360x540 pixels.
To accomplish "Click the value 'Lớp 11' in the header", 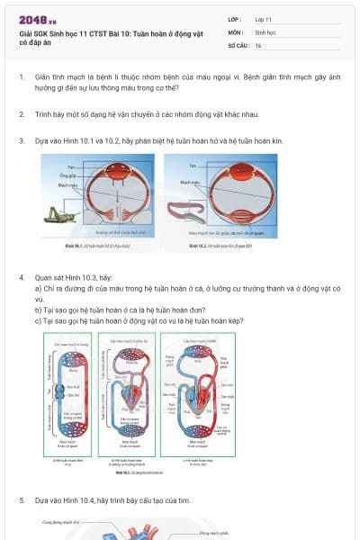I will click(x=264, y=18).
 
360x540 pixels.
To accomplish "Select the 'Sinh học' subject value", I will click(x=265, y=31).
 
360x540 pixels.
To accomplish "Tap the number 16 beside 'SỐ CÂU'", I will click(x=258, y=45).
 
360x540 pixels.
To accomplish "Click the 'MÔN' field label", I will click(x=236, y=31).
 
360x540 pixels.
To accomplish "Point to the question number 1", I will click(x=22, y=77).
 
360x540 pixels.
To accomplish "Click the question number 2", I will click(x=22, y=114).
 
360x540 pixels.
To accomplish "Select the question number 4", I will click(x=22, y=278).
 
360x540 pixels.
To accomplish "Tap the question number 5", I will click(x=22, y=499).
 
